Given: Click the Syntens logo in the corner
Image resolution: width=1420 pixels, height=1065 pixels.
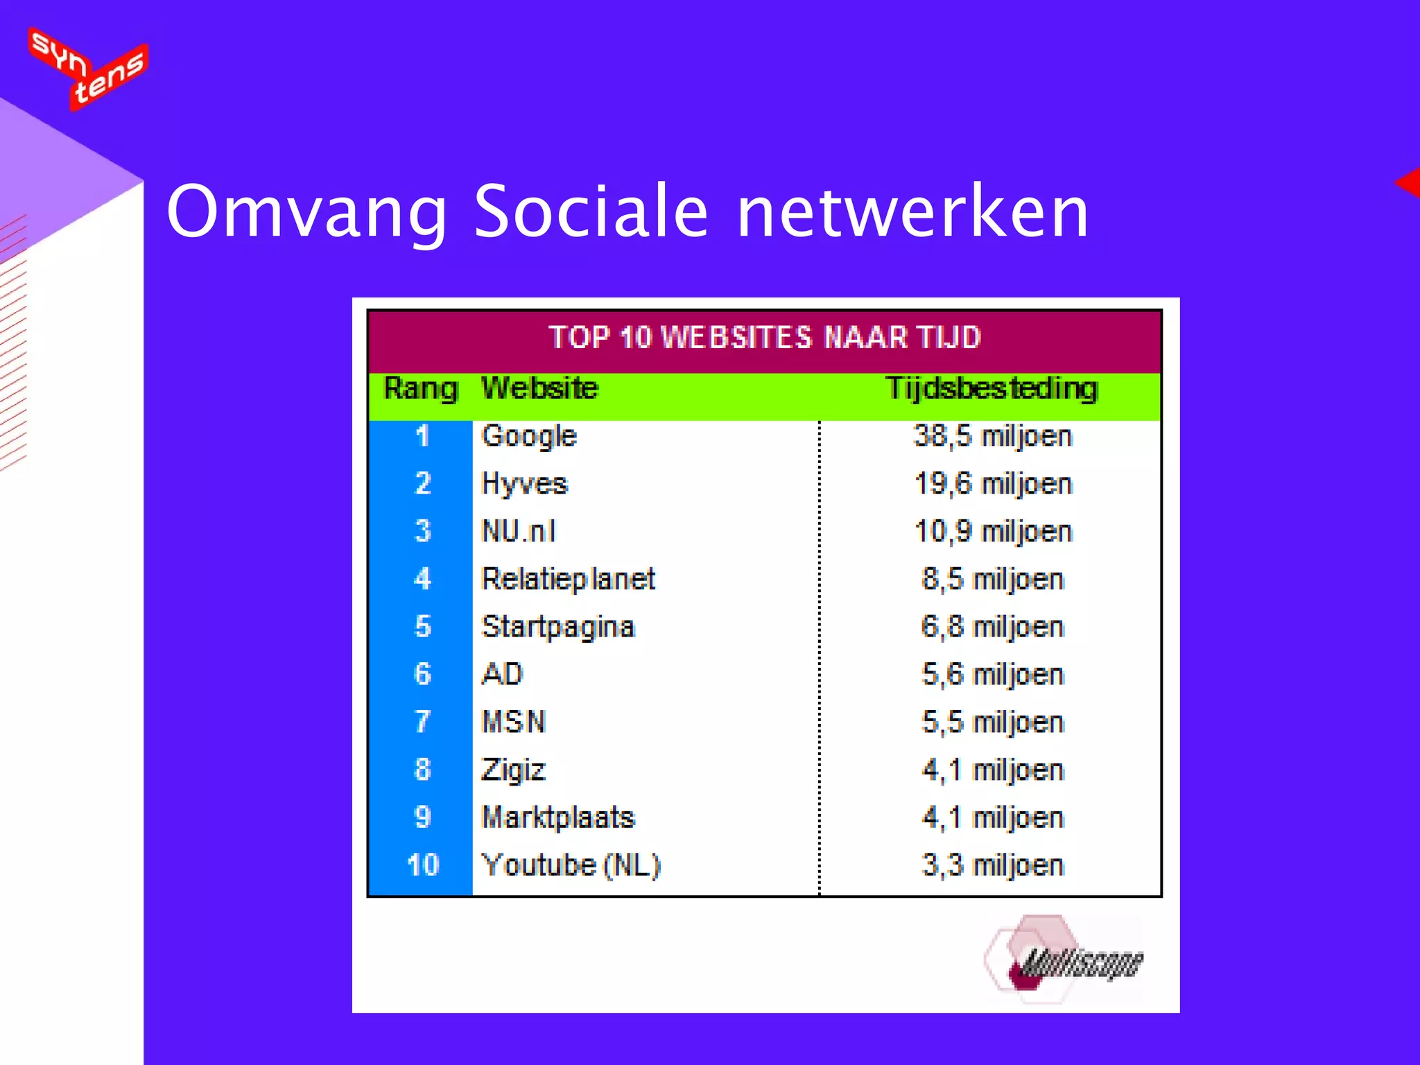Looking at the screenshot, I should [x=88, y=68].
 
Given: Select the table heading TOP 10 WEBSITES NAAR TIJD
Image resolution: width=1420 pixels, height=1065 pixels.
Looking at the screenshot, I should [x=764, y=338].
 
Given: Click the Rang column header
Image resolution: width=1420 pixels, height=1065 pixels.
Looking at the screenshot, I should [x=421, y=388].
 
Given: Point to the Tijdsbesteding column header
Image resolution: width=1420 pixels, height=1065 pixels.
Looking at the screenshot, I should [x=992, y=388].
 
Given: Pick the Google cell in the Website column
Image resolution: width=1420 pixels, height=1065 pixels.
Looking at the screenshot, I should [x=529, y=436].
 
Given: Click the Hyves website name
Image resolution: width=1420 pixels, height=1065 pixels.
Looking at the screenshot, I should [x=525, y=484].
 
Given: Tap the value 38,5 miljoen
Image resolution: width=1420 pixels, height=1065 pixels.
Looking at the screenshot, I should [x=993, y=436].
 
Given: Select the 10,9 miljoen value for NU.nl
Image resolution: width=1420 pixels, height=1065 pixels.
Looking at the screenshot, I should [x=993, y=532].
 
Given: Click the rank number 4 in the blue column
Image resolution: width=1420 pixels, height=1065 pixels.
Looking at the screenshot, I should [x=422, y=579].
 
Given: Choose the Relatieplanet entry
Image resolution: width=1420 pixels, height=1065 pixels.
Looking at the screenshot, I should [x=568, y=579].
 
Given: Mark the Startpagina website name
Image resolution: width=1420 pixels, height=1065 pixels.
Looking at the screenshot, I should [x=558, y=627].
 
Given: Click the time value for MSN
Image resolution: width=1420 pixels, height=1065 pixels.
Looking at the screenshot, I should [x=993, y=722].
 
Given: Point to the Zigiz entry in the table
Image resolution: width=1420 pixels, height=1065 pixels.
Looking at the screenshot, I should [x=514, y=770].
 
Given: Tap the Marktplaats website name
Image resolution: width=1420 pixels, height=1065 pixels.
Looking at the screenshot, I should [x=558, y=817].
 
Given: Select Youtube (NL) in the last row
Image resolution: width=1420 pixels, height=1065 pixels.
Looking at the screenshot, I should [x=571, y=865].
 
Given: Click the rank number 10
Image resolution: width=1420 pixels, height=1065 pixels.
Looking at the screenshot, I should [x=423, y=865].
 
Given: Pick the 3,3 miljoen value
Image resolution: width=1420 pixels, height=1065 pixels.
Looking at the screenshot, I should [x=993, y=865].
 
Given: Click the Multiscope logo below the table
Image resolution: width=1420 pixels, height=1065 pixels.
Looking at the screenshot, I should [x=1064, y=960].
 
